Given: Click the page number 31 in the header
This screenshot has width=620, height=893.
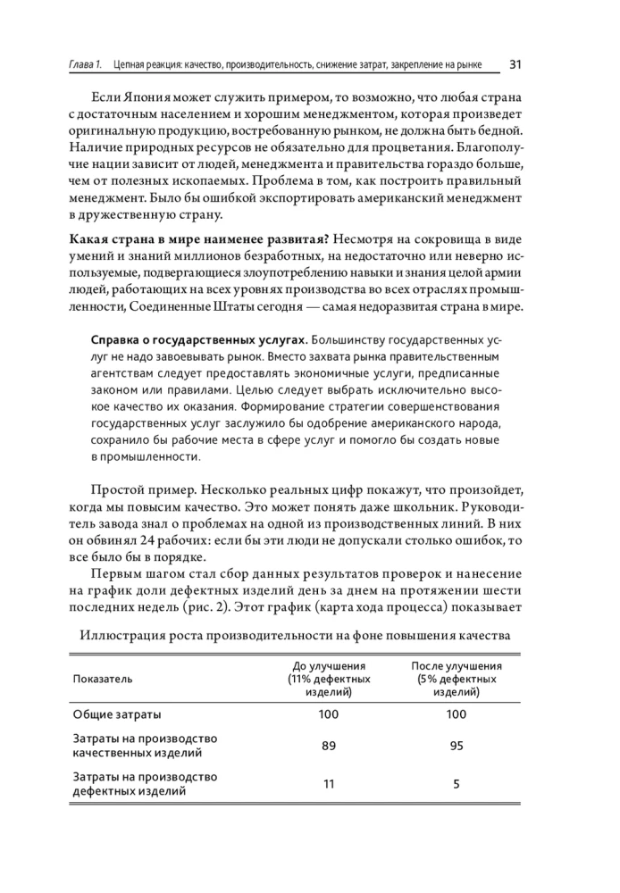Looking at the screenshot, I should (x=515, y=64).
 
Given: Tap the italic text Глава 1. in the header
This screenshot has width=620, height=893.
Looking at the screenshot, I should (x=86, y=65).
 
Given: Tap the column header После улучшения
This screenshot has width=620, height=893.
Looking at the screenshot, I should (x=456, y=666).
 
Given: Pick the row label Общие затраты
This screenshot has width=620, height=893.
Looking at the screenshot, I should (x=117, y=714).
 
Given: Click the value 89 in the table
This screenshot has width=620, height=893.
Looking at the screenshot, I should (x=329, y=746).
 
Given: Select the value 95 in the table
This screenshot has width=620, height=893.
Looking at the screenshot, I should (x=456, y=746).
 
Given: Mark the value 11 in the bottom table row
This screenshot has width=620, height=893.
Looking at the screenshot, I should (x=329, y=784).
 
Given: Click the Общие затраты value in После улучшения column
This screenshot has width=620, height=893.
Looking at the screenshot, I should (x=456, y=714).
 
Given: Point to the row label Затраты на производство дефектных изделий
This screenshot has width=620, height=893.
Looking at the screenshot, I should (x=144, y=784).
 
